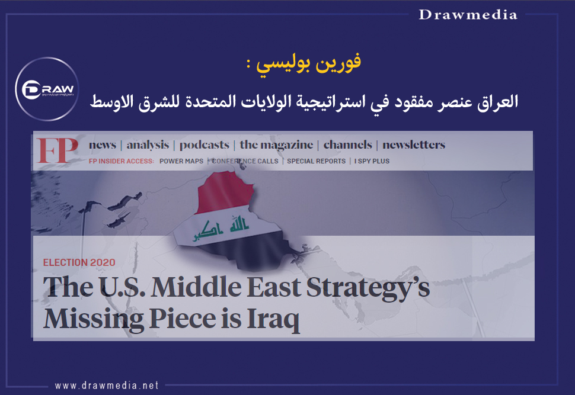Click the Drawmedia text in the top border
[x=468, y=15]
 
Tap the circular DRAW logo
[x=47, y=89]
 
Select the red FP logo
[x=57, y=150]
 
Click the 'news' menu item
[x=103, y=144]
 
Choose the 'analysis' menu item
[x=148, y=145]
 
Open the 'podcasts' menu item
[x=205, y=145]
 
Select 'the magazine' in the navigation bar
[x=276, y=145]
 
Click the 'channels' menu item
[x=347, y=144]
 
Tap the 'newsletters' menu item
[x=414, y=144]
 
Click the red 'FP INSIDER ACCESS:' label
[x=122, y=161]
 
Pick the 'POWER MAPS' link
[x=181, y=161]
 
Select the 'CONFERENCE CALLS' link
[x=245, y=161]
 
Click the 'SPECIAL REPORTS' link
[x=316, y=161]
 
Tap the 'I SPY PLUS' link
[x=372, y=161]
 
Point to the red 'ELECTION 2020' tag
[x=79, y=262]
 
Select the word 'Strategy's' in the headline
[x=368, y=288]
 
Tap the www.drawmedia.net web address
[x=107, y=386]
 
